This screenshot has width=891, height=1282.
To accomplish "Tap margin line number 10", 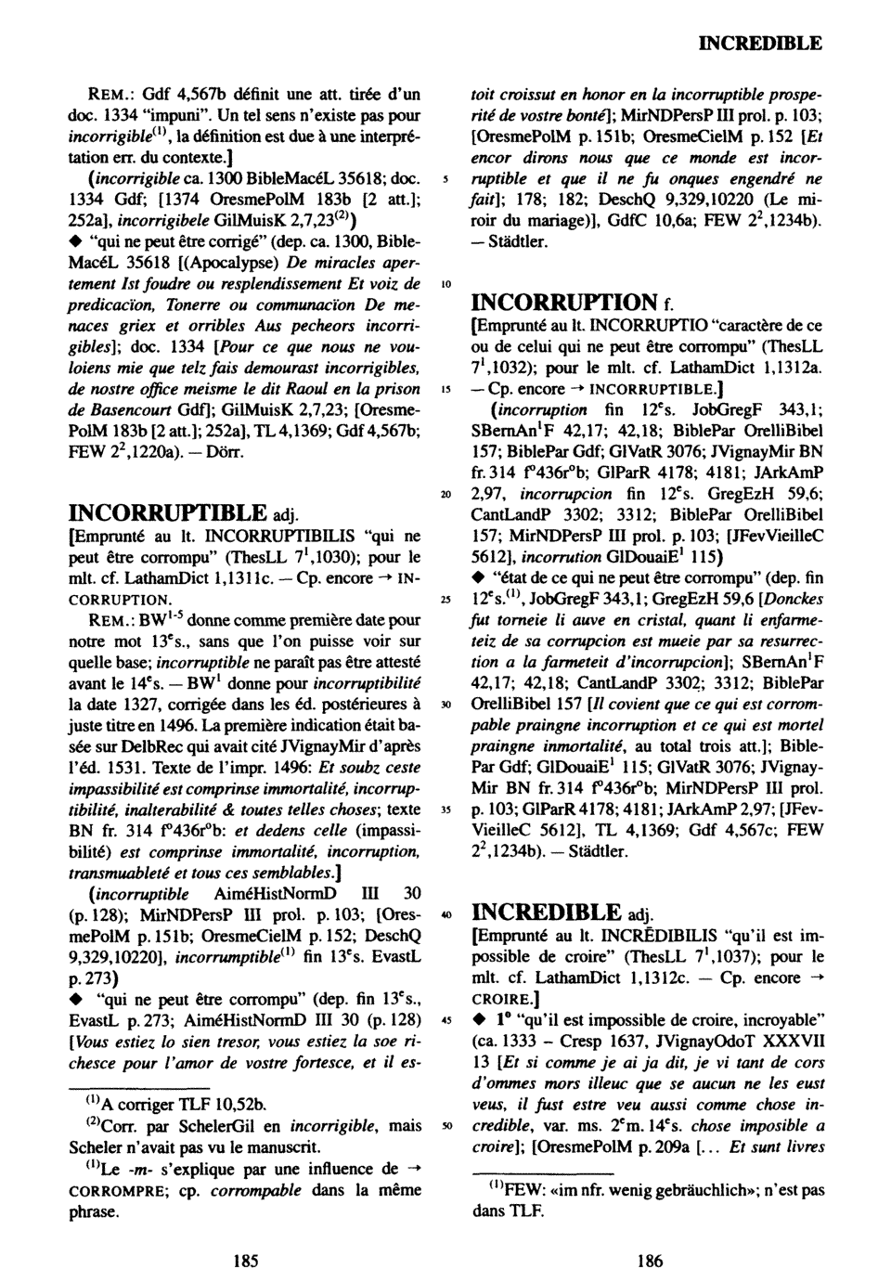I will pyautogui.click(x=447, y=283).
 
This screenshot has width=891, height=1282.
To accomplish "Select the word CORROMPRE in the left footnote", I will pyautogui.click(x=110, y=1189).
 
